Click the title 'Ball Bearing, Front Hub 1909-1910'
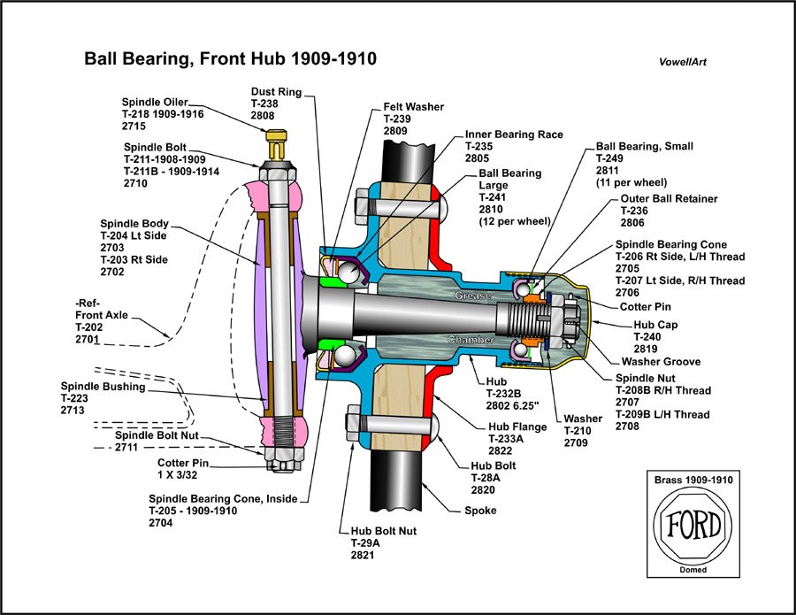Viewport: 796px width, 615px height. pos(230,59)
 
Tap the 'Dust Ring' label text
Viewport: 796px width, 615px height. pos(276,91)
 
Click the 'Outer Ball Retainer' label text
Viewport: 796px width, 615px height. pos(668,199)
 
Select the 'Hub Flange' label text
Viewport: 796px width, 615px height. pos(517,426)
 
